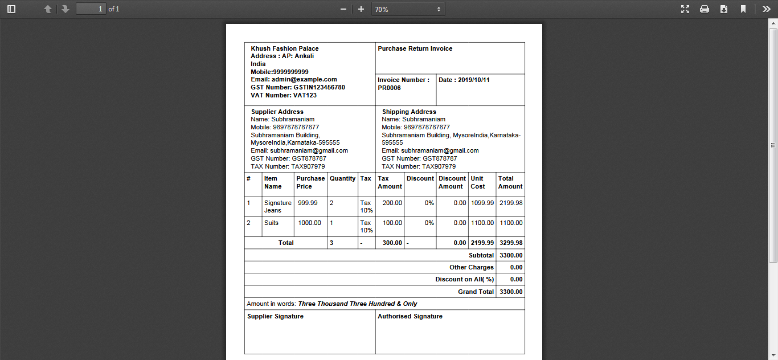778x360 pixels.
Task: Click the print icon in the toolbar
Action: click(705, 9)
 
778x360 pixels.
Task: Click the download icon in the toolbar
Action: click(724, 9)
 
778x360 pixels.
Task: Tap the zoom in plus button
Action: click(361, 9)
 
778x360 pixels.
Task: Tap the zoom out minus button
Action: click(343, 9)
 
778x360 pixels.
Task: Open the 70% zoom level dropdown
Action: click(408, 9)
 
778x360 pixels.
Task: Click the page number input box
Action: click(91, 9)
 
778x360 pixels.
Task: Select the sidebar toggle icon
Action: click(11, 9)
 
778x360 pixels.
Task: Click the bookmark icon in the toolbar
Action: click(743, 9)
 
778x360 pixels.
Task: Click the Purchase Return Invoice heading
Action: click(415, 49)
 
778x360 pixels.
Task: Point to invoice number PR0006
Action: click(389, 88)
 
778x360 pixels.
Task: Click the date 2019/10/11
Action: click(473, 80)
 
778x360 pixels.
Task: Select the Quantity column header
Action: click(342, 179)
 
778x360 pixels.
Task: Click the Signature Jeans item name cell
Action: click(277, 207)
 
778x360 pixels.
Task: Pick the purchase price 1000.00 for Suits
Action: click(309, 223)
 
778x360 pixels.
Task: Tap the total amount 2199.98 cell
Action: click(510, 203)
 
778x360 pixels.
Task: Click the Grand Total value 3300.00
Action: click(510, 292)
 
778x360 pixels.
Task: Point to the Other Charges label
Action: click(471, 268)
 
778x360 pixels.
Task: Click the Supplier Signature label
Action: click(275, 317)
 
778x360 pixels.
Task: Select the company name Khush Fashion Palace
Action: click(284, 49)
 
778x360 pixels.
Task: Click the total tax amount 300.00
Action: click(391, 243)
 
